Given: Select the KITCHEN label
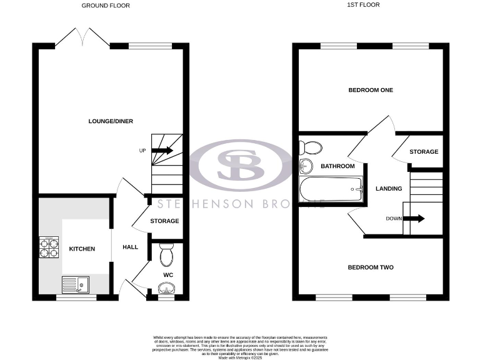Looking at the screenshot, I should tap(82, 249).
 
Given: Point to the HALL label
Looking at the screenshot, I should tap(130, 247).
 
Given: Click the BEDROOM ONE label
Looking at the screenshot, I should tap(371, 90).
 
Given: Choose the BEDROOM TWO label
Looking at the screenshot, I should tap(371, 267).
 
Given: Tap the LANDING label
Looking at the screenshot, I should tap(388, 189).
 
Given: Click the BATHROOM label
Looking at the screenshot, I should tap(337, 166).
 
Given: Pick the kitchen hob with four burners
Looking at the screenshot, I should tap(48, 248).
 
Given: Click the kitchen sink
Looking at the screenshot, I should tap(75, 285).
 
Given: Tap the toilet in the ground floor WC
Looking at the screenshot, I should tap(166, 256).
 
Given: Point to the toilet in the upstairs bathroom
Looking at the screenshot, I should tap(310, 148).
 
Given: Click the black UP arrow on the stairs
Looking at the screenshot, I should tap(162, 151).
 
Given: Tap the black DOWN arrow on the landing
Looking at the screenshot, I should tap(413, 219).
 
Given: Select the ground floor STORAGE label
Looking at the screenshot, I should tap(164, 221).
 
